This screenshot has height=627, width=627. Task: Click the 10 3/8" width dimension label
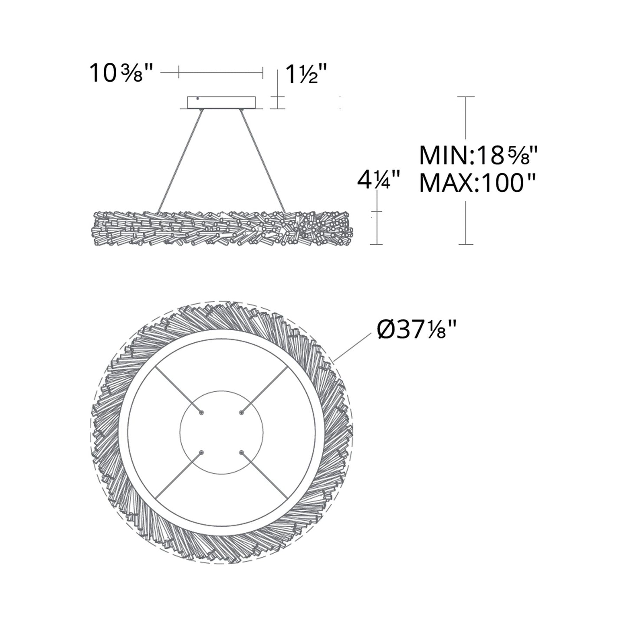[x=121, y=73]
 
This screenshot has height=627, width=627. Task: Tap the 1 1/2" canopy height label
[x=306, y=73]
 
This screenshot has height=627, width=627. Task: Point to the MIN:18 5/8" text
[x=478, y=155]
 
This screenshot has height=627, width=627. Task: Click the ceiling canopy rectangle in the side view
[x=222, y=102]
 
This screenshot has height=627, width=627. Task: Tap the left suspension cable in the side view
[x=180, y=161]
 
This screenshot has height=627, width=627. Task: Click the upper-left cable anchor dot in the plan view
[x=201, y=413]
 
